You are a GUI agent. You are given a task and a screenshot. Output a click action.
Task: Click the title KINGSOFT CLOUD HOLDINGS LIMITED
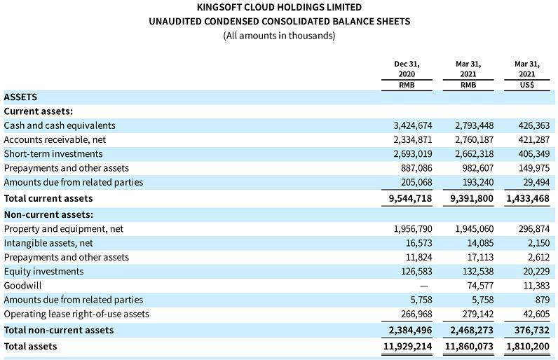click(x=279, y=7)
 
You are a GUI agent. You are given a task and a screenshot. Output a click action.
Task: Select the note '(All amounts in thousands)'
click(x=279, y=36)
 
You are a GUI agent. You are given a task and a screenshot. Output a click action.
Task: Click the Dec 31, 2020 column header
click(x=407, y=69)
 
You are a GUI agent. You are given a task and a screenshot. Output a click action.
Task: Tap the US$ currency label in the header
click(x=527, y=85)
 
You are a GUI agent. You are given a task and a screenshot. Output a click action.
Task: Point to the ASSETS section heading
click(x=21, y=97)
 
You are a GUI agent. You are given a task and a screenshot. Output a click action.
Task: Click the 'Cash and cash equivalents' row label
click(x=60, y=125)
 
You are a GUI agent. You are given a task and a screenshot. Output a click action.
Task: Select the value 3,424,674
click(x=413, y=126)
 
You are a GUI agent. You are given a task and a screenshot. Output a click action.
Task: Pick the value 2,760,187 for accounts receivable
click(x=475, y=140)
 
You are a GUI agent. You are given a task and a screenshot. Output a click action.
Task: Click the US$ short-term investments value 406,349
click(x=531, y=154)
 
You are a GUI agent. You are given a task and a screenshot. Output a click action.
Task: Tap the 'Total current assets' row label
click(x=48, y=199)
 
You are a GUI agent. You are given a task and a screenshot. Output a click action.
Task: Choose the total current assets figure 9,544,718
click(x=410, y=199)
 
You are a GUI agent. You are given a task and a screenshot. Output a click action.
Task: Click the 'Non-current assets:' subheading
click(x=49, y=214)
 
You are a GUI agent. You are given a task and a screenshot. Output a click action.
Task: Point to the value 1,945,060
click(x=475, y=229)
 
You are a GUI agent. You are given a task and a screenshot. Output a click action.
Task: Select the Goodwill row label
click(x=22, y=286)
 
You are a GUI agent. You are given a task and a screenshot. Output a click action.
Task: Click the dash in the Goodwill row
click(x=422, y=286)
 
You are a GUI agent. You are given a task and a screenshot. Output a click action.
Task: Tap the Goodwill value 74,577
click(x=479, y=286)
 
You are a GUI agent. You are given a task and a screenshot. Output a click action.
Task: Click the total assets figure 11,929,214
click(x=407, y=346)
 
